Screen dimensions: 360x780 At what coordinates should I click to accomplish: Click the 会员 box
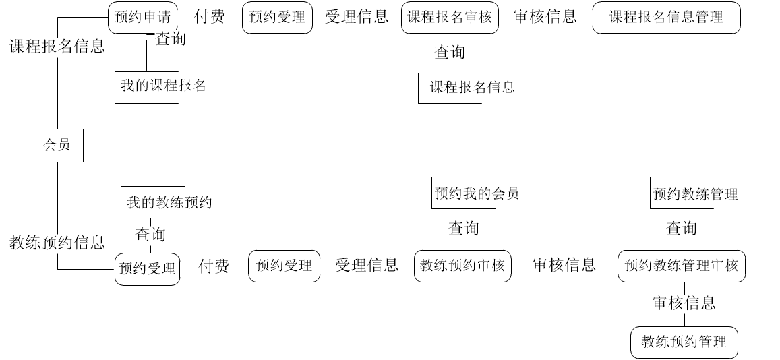(57, 145)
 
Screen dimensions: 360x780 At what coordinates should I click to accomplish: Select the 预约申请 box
(142, 18)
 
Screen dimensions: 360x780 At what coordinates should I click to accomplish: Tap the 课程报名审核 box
(450, 18)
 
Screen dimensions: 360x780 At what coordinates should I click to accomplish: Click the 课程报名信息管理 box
(666, 18)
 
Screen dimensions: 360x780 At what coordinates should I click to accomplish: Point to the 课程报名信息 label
(57, 47)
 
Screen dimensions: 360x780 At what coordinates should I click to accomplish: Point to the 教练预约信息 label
(57, 243)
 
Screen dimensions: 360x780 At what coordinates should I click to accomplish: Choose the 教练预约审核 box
(462, 266)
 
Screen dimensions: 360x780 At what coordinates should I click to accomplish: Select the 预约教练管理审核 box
(681, 266)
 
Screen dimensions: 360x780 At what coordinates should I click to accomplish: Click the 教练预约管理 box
(684, 342)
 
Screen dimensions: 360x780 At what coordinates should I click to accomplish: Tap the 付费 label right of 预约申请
(210, 17)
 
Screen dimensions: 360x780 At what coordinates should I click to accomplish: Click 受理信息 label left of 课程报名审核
(357, 17)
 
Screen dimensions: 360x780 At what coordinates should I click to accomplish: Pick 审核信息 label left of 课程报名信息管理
(545, 17)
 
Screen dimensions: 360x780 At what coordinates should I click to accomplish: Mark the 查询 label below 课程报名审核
(450, 53)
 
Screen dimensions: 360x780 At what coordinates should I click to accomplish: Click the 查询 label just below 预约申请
(171, 39)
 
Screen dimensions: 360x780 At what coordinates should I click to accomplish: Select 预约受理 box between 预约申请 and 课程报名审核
(277, 18)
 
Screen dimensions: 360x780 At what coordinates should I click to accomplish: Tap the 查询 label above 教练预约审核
(464, 229)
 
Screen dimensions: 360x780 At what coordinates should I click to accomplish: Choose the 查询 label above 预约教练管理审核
(682, 229)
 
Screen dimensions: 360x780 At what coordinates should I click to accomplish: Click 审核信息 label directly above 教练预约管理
(684, 304)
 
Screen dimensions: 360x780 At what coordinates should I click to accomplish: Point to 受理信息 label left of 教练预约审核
(367, 266)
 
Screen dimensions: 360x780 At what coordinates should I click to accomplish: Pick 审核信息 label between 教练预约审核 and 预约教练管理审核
(564, 266)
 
